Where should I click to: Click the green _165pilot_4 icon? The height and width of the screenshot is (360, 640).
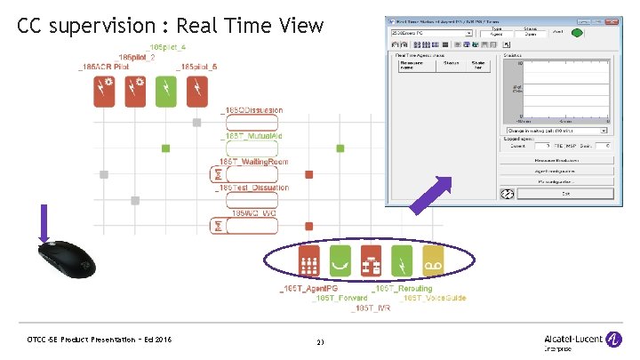165,90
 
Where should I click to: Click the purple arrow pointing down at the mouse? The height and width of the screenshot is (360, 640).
44,221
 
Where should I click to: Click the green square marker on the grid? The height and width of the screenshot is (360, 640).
165,148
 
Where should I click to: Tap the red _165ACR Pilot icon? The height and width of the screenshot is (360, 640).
104,90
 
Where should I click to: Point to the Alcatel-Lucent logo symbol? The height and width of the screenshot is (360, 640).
613,339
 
